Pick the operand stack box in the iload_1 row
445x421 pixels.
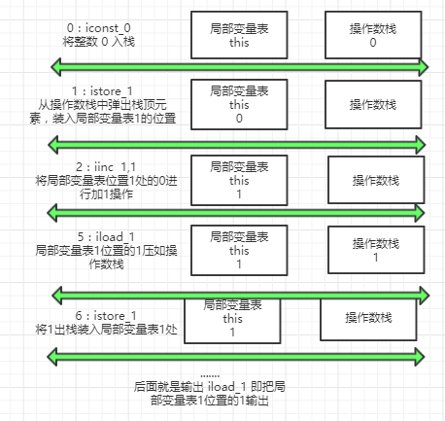point(375,251)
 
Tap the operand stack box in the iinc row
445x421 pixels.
point(375,181)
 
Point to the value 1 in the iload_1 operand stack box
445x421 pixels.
point(375,259)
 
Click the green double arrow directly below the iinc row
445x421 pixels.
point(238,212)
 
